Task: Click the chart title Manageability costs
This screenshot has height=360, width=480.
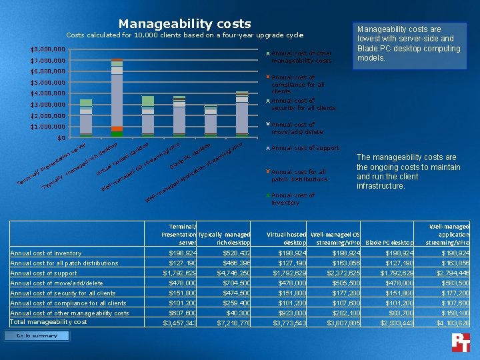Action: [x=185, y=24]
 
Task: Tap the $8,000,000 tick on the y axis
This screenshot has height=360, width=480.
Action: [x=47, y=49]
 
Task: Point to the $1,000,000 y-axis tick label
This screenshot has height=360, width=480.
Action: [x=47, y=127]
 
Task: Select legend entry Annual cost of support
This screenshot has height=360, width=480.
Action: [x=305, y=148]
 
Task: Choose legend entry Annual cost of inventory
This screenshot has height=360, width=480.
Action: [x=293, y=199]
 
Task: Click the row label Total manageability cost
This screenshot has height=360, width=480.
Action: [x=48, y=322]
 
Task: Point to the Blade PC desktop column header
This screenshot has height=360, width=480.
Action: [x=390, y=243]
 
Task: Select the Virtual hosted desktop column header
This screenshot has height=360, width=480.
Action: [x=285, y=238]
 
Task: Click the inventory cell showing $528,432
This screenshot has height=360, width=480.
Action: [x=229, y=253]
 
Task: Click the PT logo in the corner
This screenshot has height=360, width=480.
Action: [x=461, y=341]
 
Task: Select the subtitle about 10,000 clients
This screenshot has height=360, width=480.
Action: [x=185, y=35]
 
